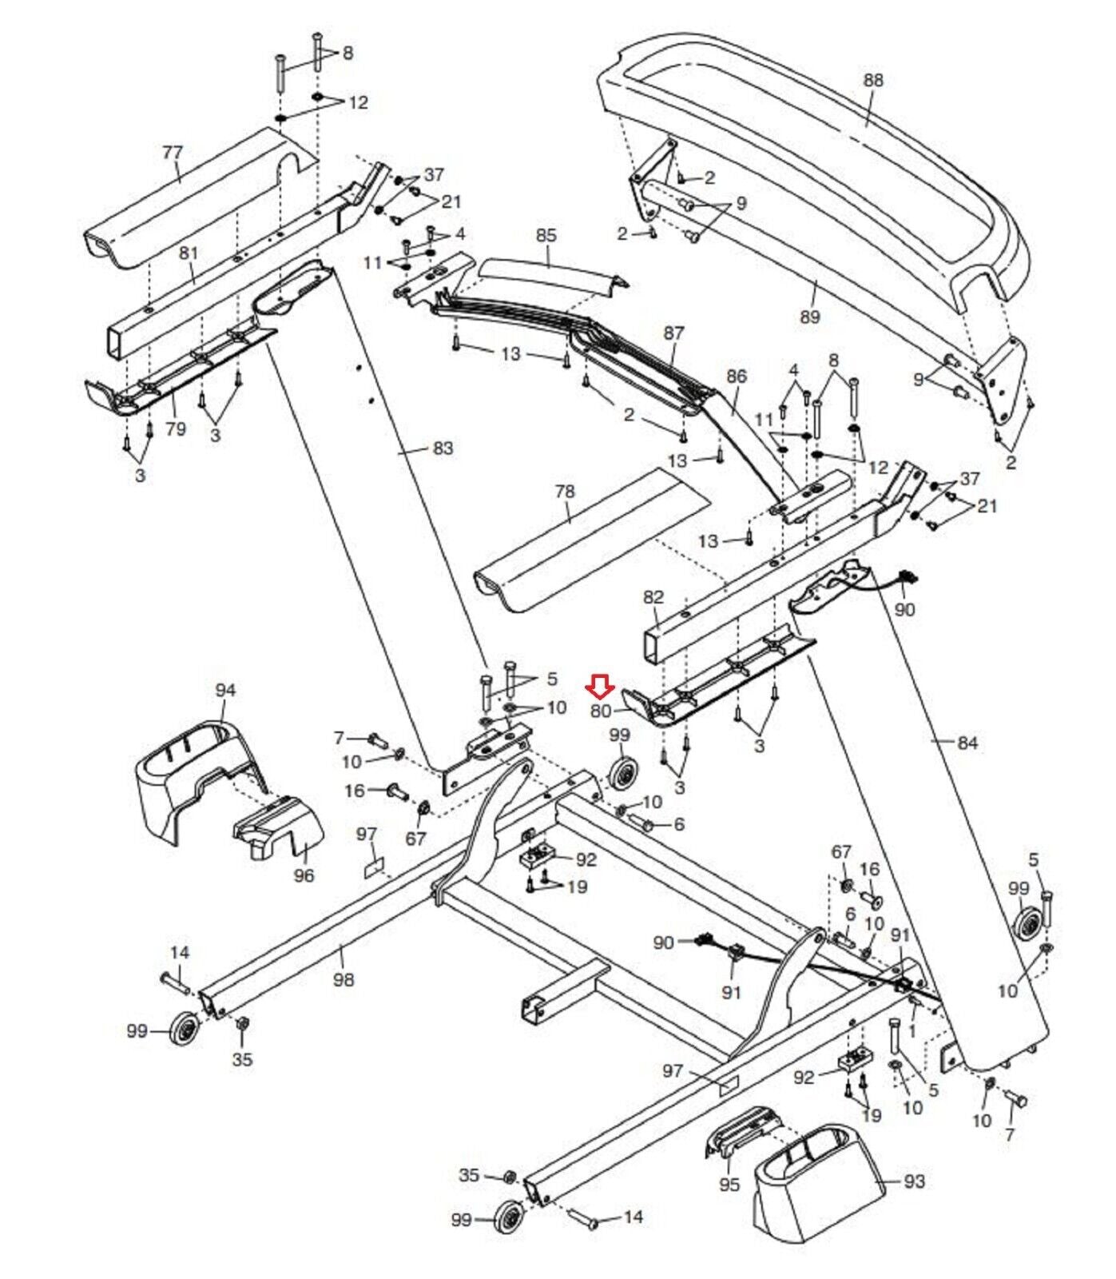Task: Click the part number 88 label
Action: coord(873,80)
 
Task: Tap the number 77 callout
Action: coord(172,151)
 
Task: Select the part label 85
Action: coord(546,236)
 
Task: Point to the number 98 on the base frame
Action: coord(343,979)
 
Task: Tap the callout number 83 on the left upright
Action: coord(443,448)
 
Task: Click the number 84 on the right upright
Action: coord(967,743)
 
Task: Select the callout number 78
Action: coord(564,492)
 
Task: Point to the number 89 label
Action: coord(809,317)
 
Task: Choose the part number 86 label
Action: coord(736,376)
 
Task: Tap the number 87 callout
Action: coord(673,333)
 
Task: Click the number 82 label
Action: coord(653,597)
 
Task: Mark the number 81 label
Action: coord(188,253)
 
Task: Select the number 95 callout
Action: coord(729,1185)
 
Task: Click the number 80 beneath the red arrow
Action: coord(601,711)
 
